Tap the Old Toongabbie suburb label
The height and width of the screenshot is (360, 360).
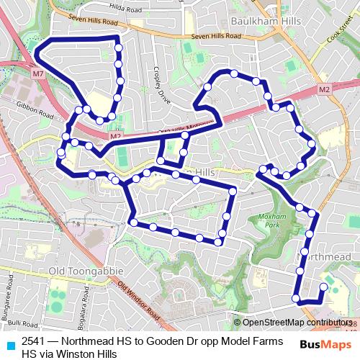pos(82,270)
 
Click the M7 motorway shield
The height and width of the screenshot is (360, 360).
pos(38,74)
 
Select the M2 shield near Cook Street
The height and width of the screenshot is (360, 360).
pos(324,89)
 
